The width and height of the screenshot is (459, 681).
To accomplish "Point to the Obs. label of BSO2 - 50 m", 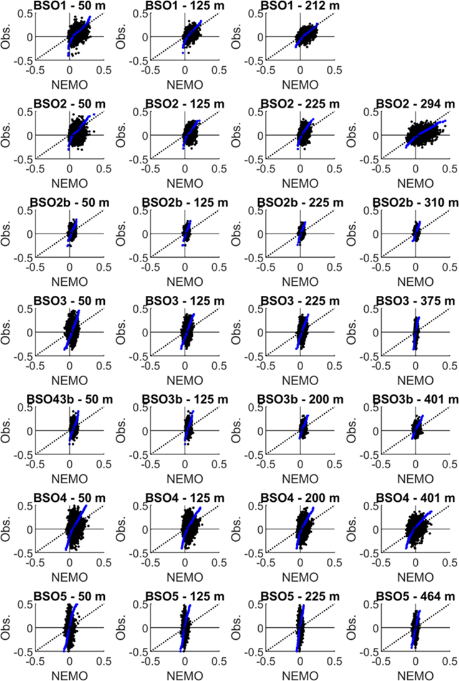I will (x=7, y=135).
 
